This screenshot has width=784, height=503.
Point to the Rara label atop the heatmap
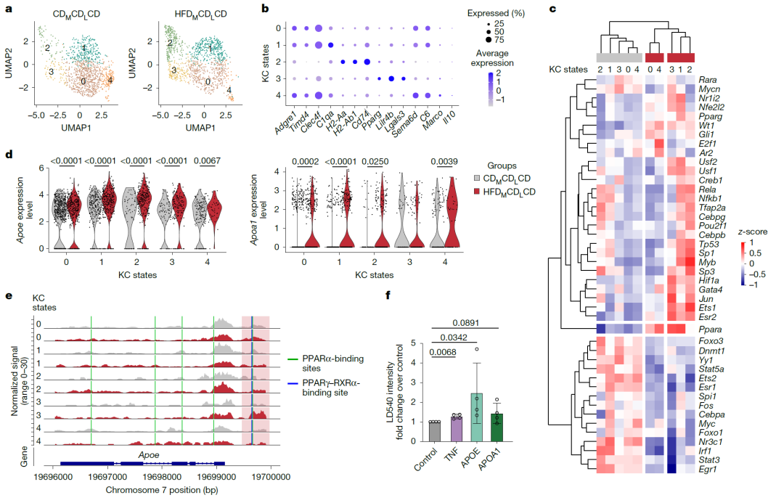708,79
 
